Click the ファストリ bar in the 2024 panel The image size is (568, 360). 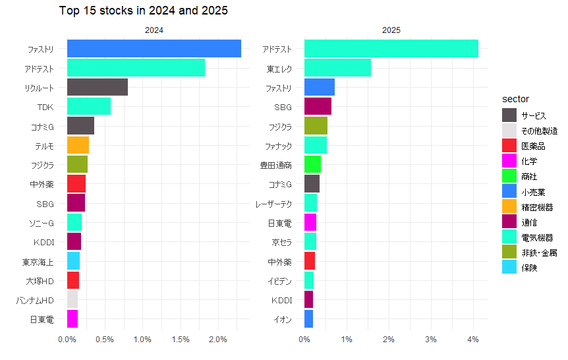point(154,49)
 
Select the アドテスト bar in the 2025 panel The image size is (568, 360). point(391,49)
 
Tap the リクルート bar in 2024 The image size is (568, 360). point(98,87)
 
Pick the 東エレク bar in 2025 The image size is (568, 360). point(337,68)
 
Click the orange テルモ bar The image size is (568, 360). point(78,145)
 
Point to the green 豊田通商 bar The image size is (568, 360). point(312,164)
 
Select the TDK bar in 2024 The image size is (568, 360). point(89,106)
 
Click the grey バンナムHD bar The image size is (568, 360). point(72,299)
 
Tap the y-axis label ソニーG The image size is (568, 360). point(41,222)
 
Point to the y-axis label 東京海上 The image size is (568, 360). point(38,261)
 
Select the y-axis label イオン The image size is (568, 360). point(283,319)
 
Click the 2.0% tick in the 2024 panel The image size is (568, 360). point(218,340)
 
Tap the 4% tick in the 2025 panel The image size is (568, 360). point(472,340)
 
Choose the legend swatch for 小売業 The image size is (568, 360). point(509,191)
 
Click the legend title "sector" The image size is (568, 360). point(515,99)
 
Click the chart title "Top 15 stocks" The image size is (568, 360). point(144,11)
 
